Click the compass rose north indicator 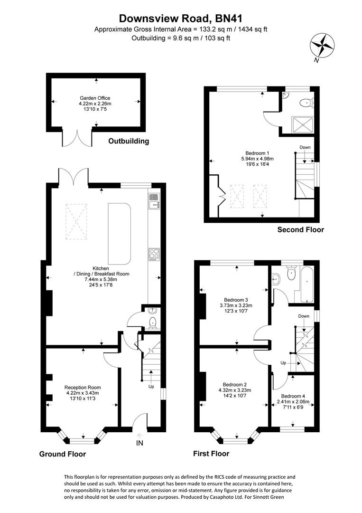click(322, 46)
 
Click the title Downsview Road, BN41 click(181, 19)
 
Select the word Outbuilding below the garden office click(128, 141)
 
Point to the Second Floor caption click(301, 230)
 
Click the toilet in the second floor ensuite click(306, 101)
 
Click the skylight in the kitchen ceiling click(76, 221)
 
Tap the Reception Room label click(83, 387)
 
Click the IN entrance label click(140, 443)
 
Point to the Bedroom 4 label click(293, 396)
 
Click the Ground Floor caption click(62, 454)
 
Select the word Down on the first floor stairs click(304, 316)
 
